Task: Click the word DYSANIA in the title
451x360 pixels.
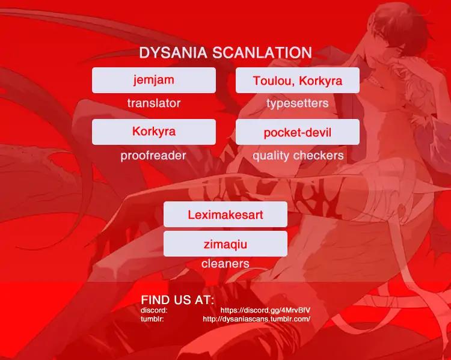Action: coord(173,53)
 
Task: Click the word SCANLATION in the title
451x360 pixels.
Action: coord(262,53)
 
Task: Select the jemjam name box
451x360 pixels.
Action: coord(154,80)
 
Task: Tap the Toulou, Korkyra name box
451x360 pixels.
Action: coord(298,80)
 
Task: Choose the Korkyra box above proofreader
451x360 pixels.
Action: coord(154,132)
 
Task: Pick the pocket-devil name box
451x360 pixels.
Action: coord(298,132)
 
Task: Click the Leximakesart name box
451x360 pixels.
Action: coord(226,214)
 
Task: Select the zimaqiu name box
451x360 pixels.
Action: coord(226,243)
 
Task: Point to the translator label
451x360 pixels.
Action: coord(154,103)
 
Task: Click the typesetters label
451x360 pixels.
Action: coord(298,103)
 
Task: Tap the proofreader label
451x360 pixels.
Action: coord(153,156)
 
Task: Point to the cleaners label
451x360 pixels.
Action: coord(226,264)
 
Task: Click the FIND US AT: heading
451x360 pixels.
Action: coord(177,300)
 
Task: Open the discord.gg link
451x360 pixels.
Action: coord(265,311)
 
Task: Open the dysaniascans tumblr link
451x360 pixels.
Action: coord(257,319)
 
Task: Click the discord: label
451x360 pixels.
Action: coord(154,310)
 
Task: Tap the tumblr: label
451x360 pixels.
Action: coord(152,319)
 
